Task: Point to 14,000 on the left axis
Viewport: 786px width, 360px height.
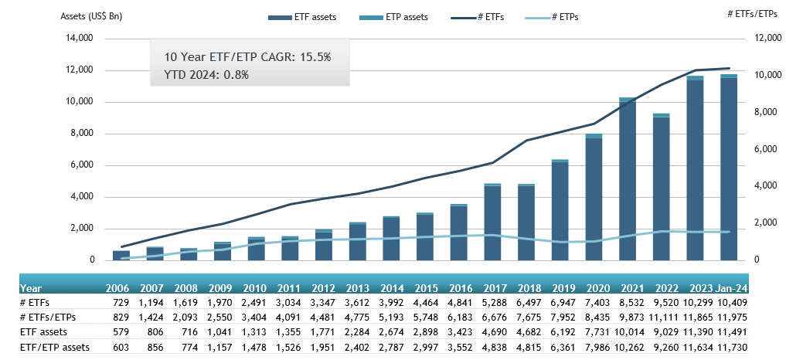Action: [77, 39]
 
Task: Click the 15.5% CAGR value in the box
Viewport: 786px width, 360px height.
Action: [315, 57]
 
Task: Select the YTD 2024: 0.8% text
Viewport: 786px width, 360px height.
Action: [206, 75]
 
